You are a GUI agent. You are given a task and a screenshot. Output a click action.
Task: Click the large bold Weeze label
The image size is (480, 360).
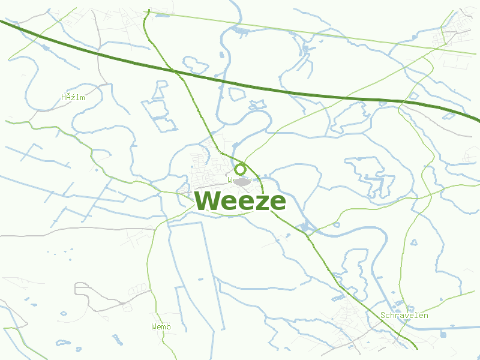240,201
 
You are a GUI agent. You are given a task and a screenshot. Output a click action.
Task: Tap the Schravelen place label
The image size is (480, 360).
404,315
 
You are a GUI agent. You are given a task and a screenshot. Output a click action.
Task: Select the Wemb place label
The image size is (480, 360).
161,326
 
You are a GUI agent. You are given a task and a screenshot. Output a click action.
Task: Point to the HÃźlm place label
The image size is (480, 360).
73,97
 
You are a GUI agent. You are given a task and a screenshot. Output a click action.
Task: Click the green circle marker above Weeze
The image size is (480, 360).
240,169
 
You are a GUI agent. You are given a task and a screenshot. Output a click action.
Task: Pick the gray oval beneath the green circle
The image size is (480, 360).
242,181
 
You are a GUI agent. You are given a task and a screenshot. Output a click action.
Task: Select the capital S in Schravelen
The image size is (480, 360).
383,315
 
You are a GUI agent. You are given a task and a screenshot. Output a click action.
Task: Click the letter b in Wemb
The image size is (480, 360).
169,326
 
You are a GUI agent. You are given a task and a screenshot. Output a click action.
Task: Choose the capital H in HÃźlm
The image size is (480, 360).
64,97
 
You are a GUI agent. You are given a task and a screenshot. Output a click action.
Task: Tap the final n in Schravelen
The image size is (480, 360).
426,315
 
